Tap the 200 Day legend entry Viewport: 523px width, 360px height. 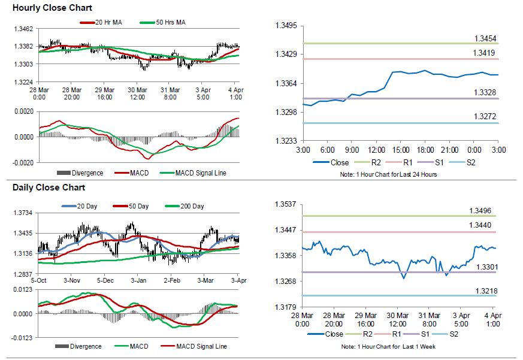click(189, 206)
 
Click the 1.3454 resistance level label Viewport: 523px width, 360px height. click(483, 38)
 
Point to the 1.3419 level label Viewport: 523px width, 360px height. click(483, 53)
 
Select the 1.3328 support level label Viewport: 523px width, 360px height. click(483, 92)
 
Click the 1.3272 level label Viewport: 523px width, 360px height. click(483, 117)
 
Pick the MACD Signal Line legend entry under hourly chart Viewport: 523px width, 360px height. click(201, 173)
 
